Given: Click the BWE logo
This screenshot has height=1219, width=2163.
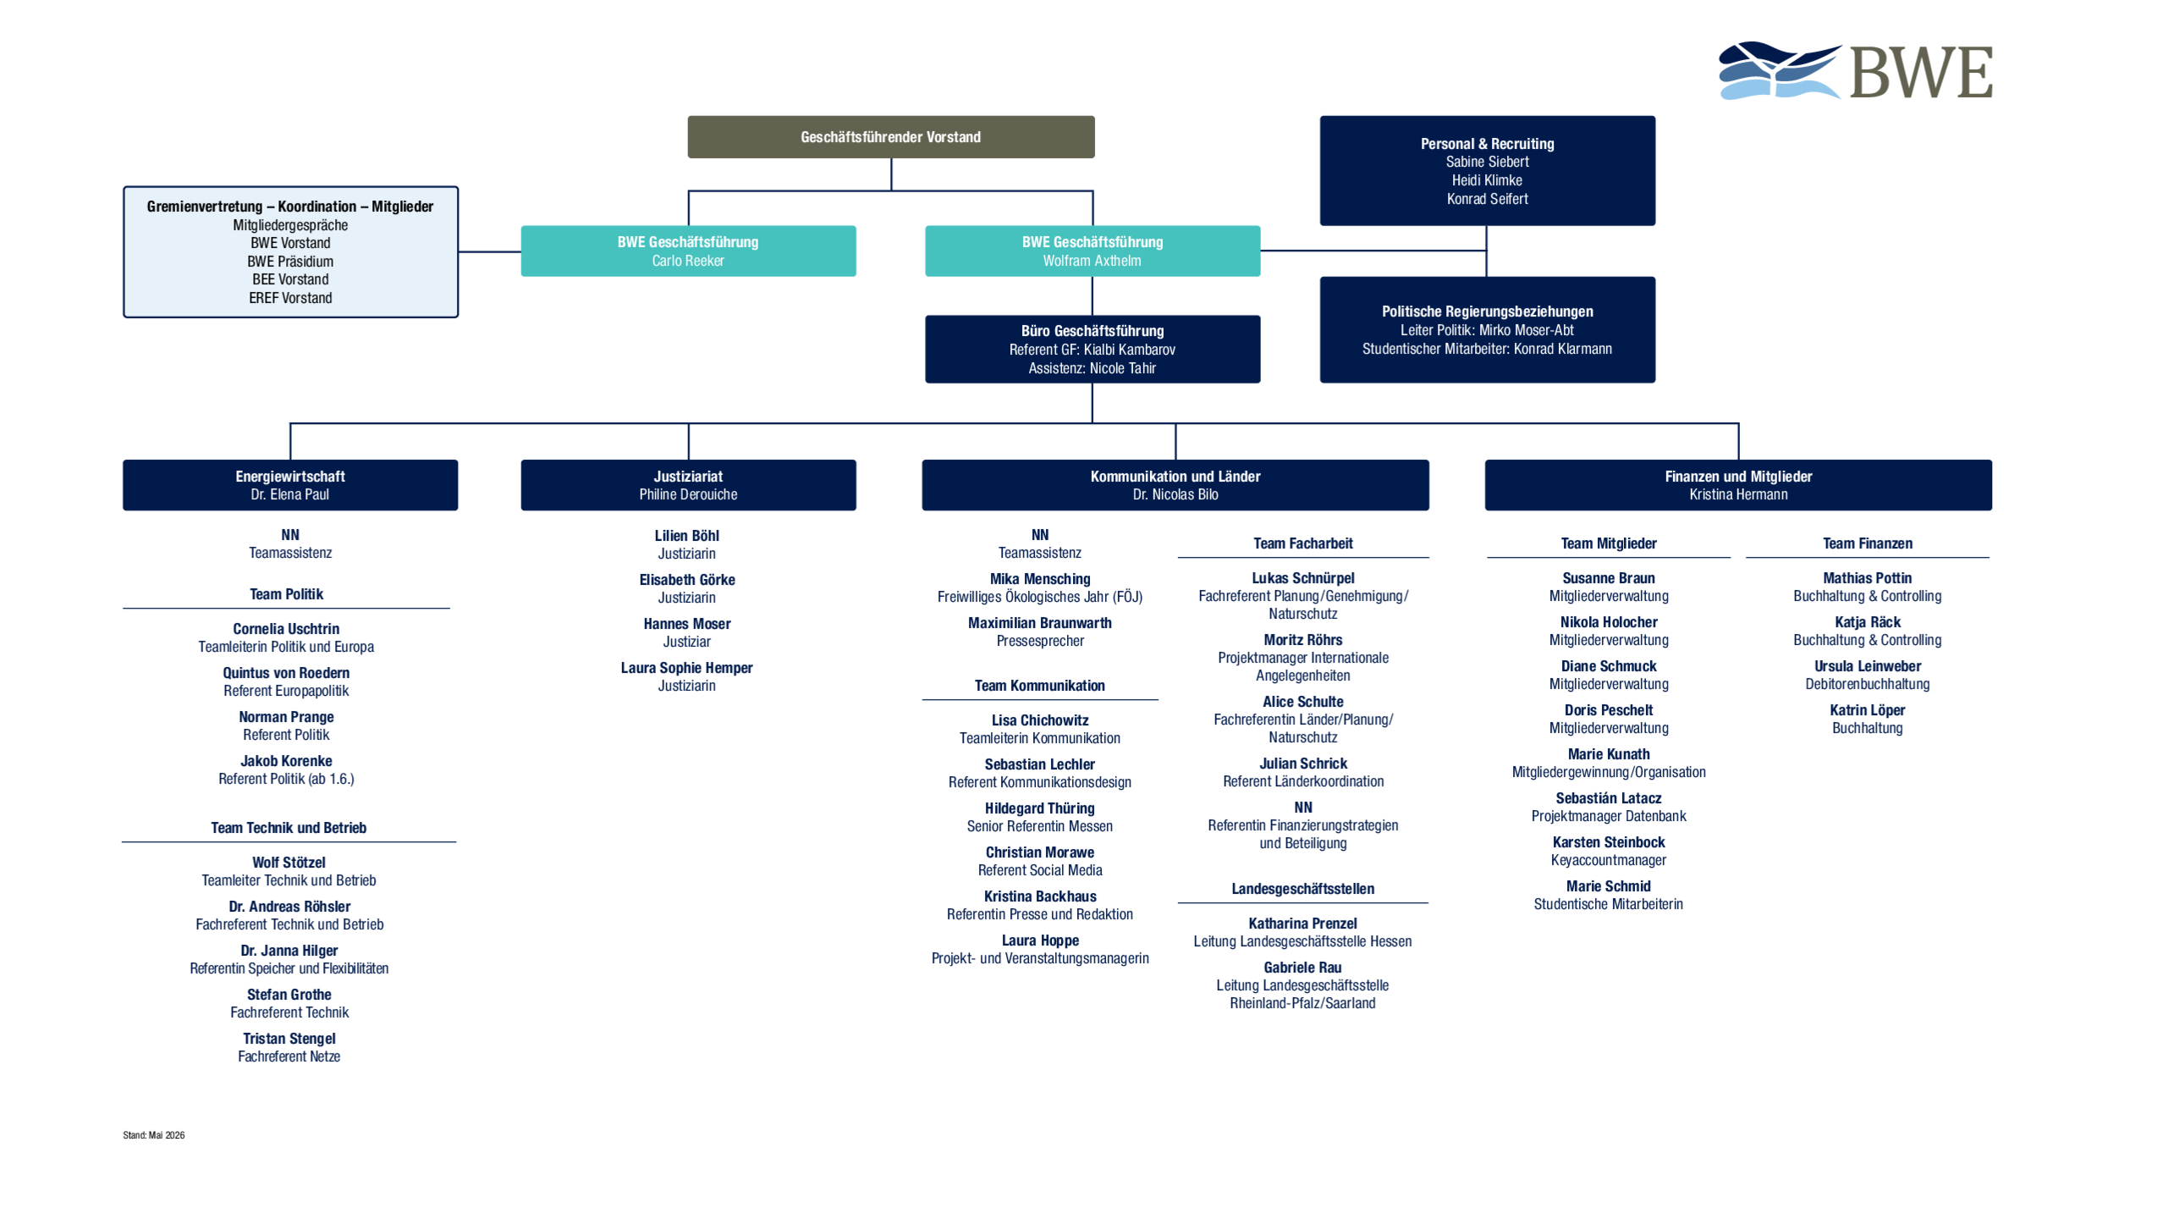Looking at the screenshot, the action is [x=1855, y=71].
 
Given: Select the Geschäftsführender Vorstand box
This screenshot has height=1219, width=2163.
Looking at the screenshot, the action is [x=890, y=137].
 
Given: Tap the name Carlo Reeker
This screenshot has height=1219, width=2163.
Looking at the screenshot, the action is [x=687, y=261].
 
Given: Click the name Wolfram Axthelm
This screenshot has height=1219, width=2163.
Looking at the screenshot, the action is [x=1092, y=261].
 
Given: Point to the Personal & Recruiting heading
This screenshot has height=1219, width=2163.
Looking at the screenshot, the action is [x=1487, y=144].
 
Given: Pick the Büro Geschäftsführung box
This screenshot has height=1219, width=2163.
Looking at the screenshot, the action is [x=1092, y=349].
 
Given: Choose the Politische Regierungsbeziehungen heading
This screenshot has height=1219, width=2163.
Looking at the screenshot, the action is [x=1487, y=312].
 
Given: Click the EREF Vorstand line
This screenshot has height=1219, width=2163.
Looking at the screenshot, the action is [x=290, y=298].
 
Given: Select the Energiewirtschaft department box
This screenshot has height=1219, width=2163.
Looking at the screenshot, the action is [x=290, y=485].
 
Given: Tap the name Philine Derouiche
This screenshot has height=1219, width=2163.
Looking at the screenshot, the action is [x=688, y=494].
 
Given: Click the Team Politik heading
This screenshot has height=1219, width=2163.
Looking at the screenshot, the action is [x=286, y=594].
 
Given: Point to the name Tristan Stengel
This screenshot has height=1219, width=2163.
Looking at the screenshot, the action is [x=289, y=1039].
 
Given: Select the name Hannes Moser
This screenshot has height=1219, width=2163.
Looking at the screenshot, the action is [x=686, y=624].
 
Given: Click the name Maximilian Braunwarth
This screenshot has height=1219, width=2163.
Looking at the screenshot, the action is [x=1039, y=623].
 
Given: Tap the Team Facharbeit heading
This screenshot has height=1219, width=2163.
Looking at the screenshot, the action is [x=1302, y=543].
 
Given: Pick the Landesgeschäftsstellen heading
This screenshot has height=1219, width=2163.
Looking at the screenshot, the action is [x=1302, y=889].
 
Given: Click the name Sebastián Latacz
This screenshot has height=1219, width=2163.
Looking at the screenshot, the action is [x=1608, y=798].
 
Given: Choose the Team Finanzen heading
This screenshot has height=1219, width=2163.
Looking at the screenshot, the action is [x=1867, y=543].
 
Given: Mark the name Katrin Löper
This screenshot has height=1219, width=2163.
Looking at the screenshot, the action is [x=1867, y=710].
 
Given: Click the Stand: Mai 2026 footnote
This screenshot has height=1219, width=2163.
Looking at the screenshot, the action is [x=153, y=1135].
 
